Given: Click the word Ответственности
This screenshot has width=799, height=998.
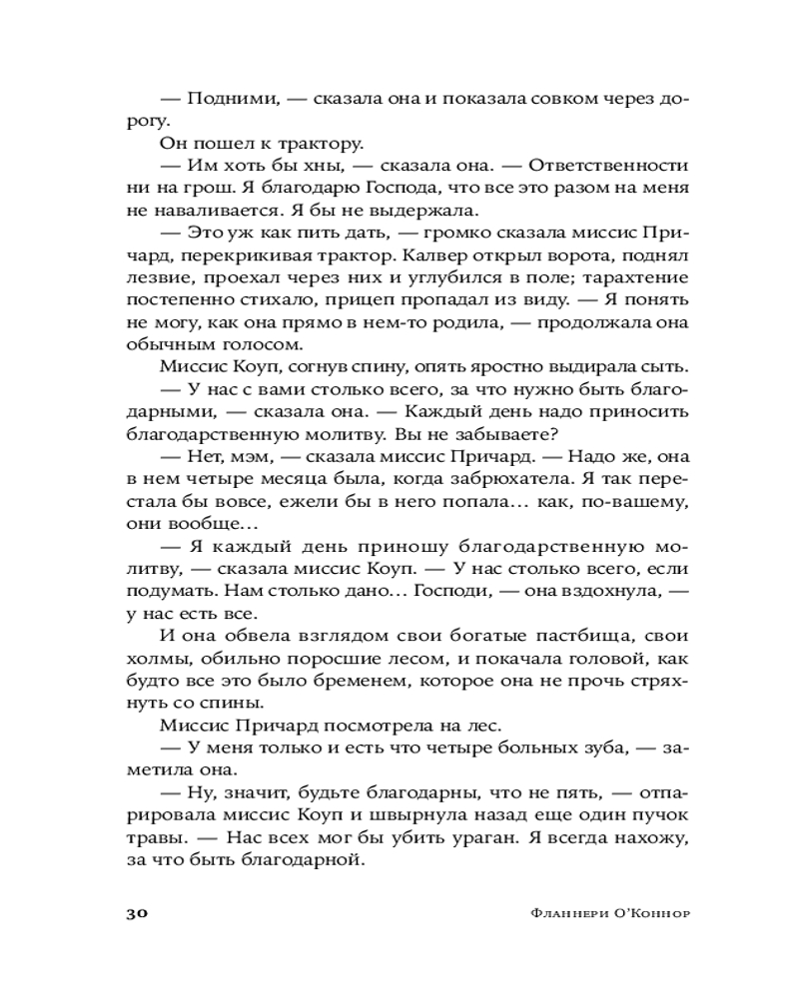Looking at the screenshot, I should tap(608, 165).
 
